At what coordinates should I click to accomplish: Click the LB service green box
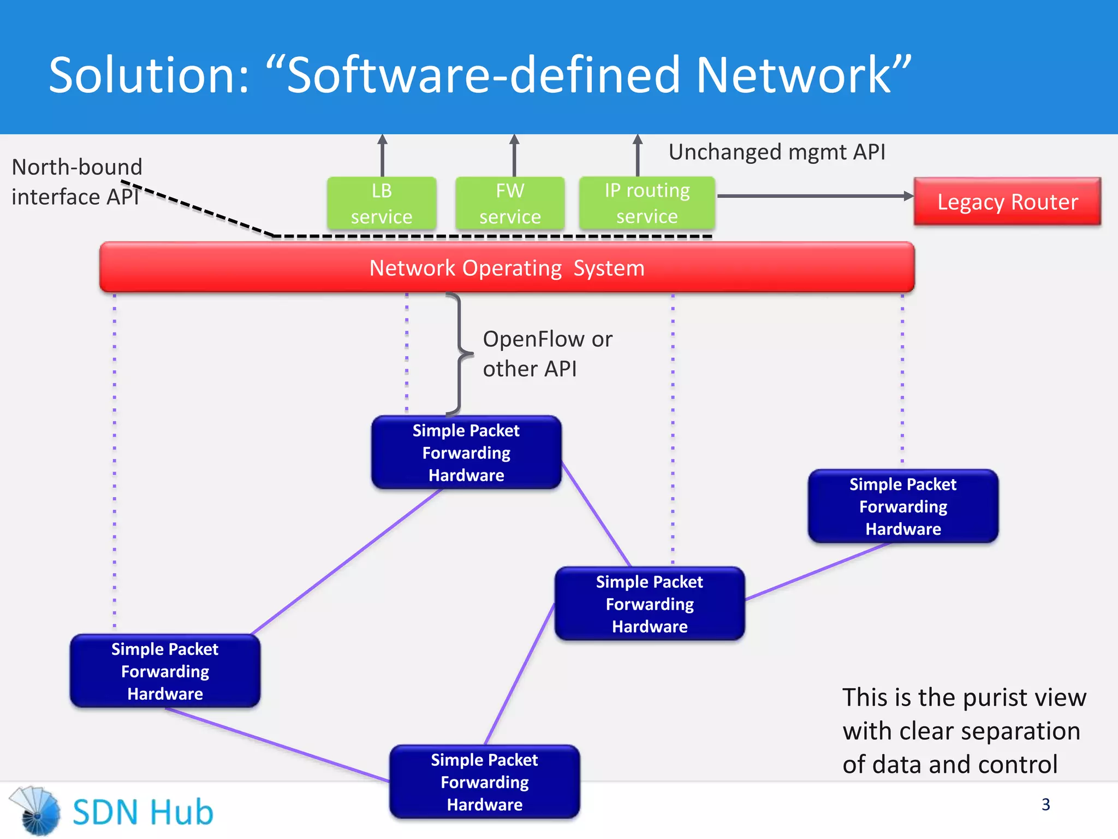pyautogui.click(x=382, y=203)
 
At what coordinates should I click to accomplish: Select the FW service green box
pyautogui.click(x=510, y=203)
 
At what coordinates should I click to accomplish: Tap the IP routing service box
pyautogui.click(x=647, y=203)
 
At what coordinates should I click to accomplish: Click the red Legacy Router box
pyautogui.click(x=1007, y=202)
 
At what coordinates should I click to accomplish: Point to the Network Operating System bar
pyautogui.click(x=507, y=268)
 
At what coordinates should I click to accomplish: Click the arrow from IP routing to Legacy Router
pyautogui.click(x=813, y=196)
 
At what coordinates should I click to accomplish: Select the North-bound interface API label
pyautogui.click(x=76, y=181)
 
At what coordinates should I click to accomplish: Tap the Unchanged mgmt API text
pyautogui.click(x=776, y=152)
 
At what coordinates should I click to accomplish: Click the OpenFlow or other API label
pyautogui.click(x=547, y=353)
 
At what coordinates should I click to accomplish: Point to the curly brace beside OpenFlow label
pyautogui.click(x=460, y=354)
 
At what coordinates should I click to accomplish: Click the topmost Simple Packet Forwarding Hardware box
pyautogui.click(x=466, y=452)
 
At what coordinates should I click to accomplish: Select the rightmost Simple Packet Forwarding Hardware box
pyautogui.click(x=903, y=506)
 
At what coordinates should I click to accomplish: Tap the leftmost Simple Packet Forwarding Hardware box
pyautogui.click(x=165, y=671)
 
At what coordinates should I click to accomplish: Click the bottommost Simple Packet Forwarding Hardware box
pyautogui.click(x=484, y=782)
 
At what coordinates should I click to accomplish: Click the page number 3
pyautogui.click(x=1045, y=804)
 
